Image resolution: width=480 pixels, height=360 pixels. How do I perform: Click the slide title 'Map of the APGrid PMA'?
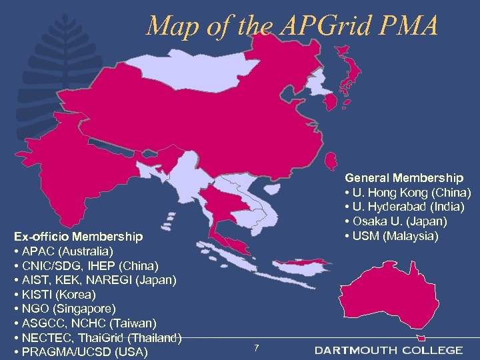(292, 26)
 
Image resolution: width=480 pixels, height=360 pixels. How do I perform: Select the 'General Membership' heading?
(403, 178)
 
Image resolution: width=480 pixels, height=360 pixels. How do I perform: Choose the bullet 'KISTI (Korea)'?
(57, 294)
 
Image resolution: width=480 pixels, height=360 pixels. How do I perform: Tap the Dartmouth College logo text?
(389, 350)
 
